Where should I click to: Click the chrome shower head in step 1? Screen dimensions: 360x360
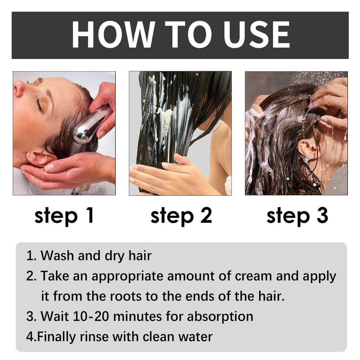(88, 128)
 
